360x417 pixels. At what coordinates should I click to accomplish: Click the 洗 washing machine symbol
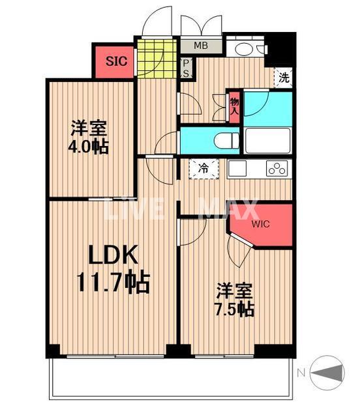[x=284, y=77]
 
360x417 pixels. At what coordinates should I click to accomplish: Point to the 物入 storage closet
[x=233, y=105]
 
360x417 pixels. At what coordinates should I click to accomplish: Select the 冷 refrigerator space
[x=203, y=168]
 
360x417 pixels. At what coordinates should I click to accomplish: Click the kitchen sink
[x=237, y=167]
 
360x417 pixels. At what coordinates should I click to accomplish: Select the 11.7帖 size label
[x=113, y=283]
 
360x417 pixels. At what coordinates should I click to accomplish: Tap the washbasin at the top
[x=246, y=49]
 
